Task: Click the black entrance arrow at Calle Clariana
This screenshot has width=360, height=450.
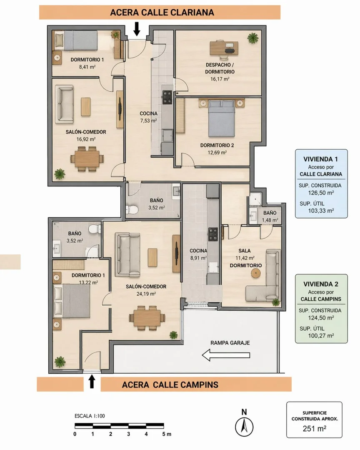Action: click(x=137, y=29)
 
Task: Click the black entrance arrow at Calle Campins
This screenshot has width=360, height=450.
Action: click(x=92, y=382)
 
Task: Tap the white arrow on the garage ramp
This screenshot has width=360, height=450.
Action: click(x=226, y=355)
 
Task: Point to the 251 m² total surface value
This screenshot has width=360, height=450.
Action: click(x=314, y=429)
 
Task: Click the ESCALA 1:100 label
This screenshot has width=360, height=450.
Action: click(x=90, y=416)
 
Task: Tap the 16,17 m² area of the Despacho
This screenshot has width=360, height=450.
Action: click(x=220, y=79)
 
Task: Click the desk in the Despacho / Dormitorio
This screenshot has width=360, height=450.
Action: click(x=224, y=48)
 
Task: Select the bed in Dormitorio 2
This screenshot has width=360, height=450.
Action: click(x=221, y=118)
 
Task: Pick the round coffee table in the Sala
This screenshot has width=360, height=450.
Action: click(x=256, y=274)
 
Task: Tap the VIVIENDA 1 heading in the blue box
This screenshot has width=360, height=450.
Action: click(x=320, y=159)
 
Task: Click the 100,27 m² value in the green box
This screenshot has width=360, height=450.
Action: click(x=321, y=335)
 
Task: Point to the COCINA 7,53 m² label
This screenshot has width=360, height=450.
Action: click(x=148, y=117)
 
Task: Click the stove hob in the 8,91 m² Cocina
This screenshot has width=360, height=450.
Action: click(x=213, y=234)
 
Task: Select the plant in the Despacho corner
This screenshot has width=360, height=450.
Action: click(x=253, y=38)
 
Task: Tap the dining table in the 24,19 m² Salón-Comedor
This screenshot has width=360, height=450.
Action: click(x=147, y=318)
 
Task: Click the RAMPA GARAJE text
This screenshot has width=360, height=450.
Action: click(x=230, y=343)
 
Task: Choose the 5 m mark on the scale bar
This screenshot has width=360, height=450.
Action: click(x=167, y=434)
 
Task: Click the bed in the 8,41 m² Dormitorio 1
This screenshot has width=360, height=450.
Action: click(x=76, y=41)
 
